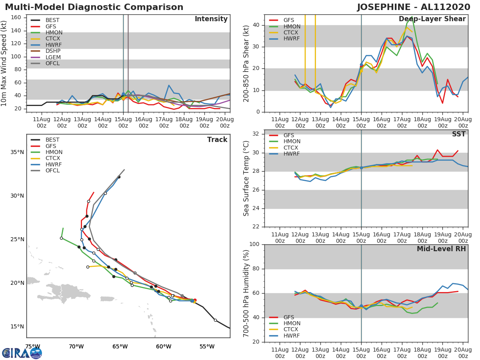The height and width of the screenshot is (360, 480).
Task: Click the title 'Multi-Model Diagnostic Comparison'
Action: (94, 7)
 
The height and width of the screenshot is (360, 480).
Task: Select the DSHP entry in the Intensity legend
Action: (53, 51)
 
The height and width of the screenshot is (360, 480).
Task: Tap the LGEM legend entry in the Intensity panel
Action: (53, 57)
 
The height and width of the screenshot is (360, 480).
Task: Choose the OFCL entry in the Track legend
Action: (53, 171)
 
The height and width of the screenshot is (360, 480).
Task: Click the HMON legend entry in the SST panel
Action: (292, 142)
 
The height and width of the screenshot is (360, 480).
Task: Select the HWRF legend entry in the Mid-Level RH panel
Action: (292, 336)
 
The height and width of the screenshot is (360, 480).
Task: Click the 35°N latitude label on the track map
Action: (17, 152)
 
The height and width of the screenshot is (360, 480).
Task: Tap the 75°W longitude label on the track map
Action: (33, 346)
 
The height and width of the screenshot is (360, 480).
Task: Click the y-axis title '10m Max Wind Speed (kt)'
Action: (5, 64)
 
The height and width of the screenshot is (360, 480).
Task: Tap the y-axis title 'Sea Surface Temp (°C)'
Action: (247, 178)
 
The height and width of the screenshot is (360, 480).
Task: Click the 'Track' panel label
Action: (217, 140)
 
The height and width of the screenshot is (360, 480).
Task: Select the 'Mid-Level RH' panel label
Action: (441, 249)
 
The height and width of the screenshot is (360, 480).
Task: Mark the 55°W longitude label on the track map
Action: (207, 346)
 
